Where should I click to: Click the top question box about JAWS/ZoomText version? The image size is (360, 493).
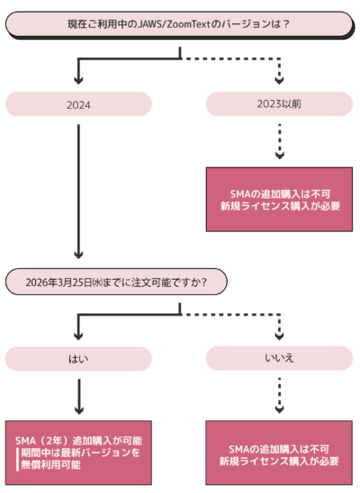tap(179, 25)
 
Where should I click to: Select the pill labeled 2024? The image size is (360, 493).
tap(79, 104)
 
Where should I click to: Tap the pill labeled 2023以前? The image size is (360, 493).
tap(279, 104)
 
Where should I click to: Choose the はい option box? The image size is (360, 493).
tap(79, 358)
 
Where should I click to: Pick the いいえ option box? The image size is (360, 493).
tap(279, 358)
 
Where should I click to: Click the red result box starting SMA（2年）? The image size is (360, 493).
tap(79, 453)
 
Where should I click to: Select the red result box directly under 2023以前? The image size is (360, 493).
tap(279, 200)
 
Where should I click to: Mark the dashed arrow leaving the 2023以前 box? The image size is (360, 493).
tap(279, 139)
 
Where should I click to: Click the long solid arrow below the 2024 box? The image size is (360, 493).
tap(79, 189)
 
